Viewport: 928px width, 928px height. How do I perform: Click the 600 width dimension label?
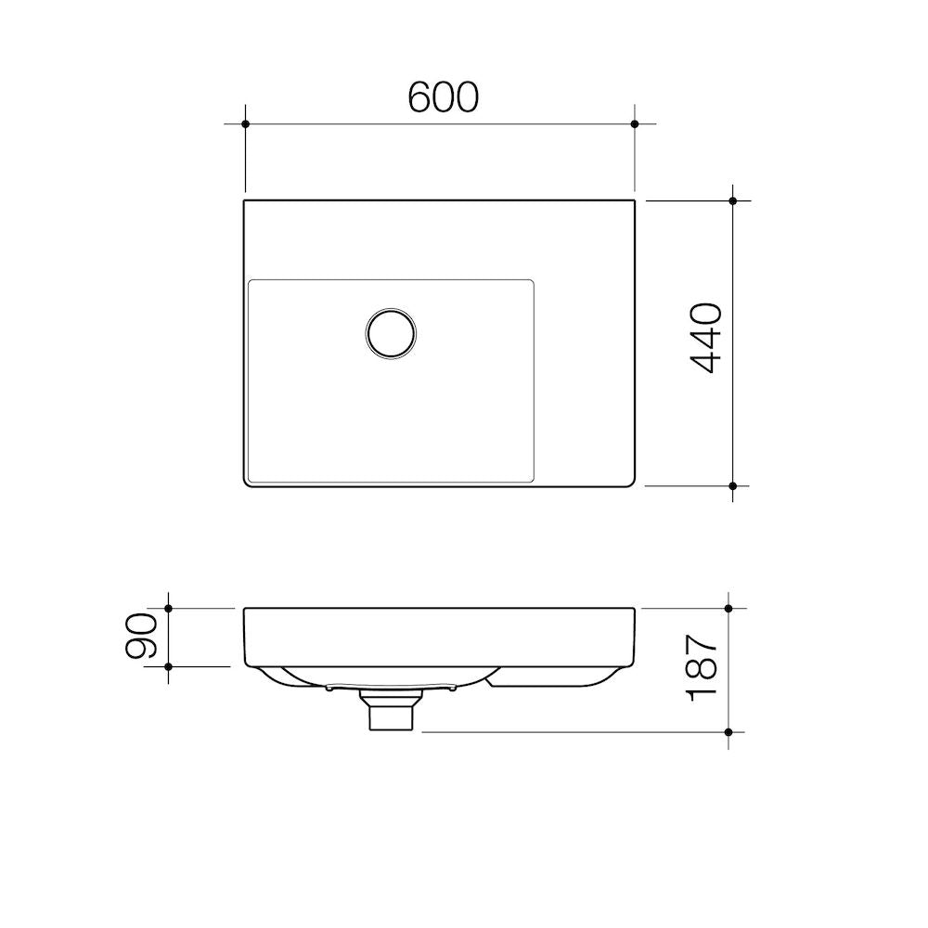pyautogui.click(x=444, y=97)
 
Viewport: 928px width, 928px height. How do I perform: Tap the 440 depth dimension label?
pyautogui.click(x=706, y=338)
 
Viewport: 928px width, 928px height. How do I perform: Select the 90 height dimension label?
pyautogui.click(x=141, y=636)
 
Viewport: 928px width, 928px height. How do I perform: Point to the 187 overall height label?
pyautogui.click(x=702, y=667)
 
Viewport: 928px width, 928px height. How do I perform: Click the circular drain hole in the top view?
pyautogui.click(x=391, y=333)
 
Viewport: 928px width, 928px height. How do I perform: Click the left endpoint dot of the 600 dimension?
pyautogui.click(x=246, y=124)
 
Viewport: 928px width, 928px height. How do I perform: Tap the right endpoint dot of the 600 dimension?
pyautogui.click(x=635, y=124)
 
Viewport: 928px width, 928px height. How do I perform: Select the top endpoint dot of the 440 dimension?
pyautogui.click(x=733, y=201)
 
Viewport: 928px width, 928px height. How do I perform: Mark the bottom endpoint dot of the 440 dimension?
pyautogui.click(x=733, y=486)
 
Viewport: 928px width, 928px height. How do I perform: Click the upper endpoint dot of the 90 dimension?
pyautogui.click(x=168, y=609)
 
